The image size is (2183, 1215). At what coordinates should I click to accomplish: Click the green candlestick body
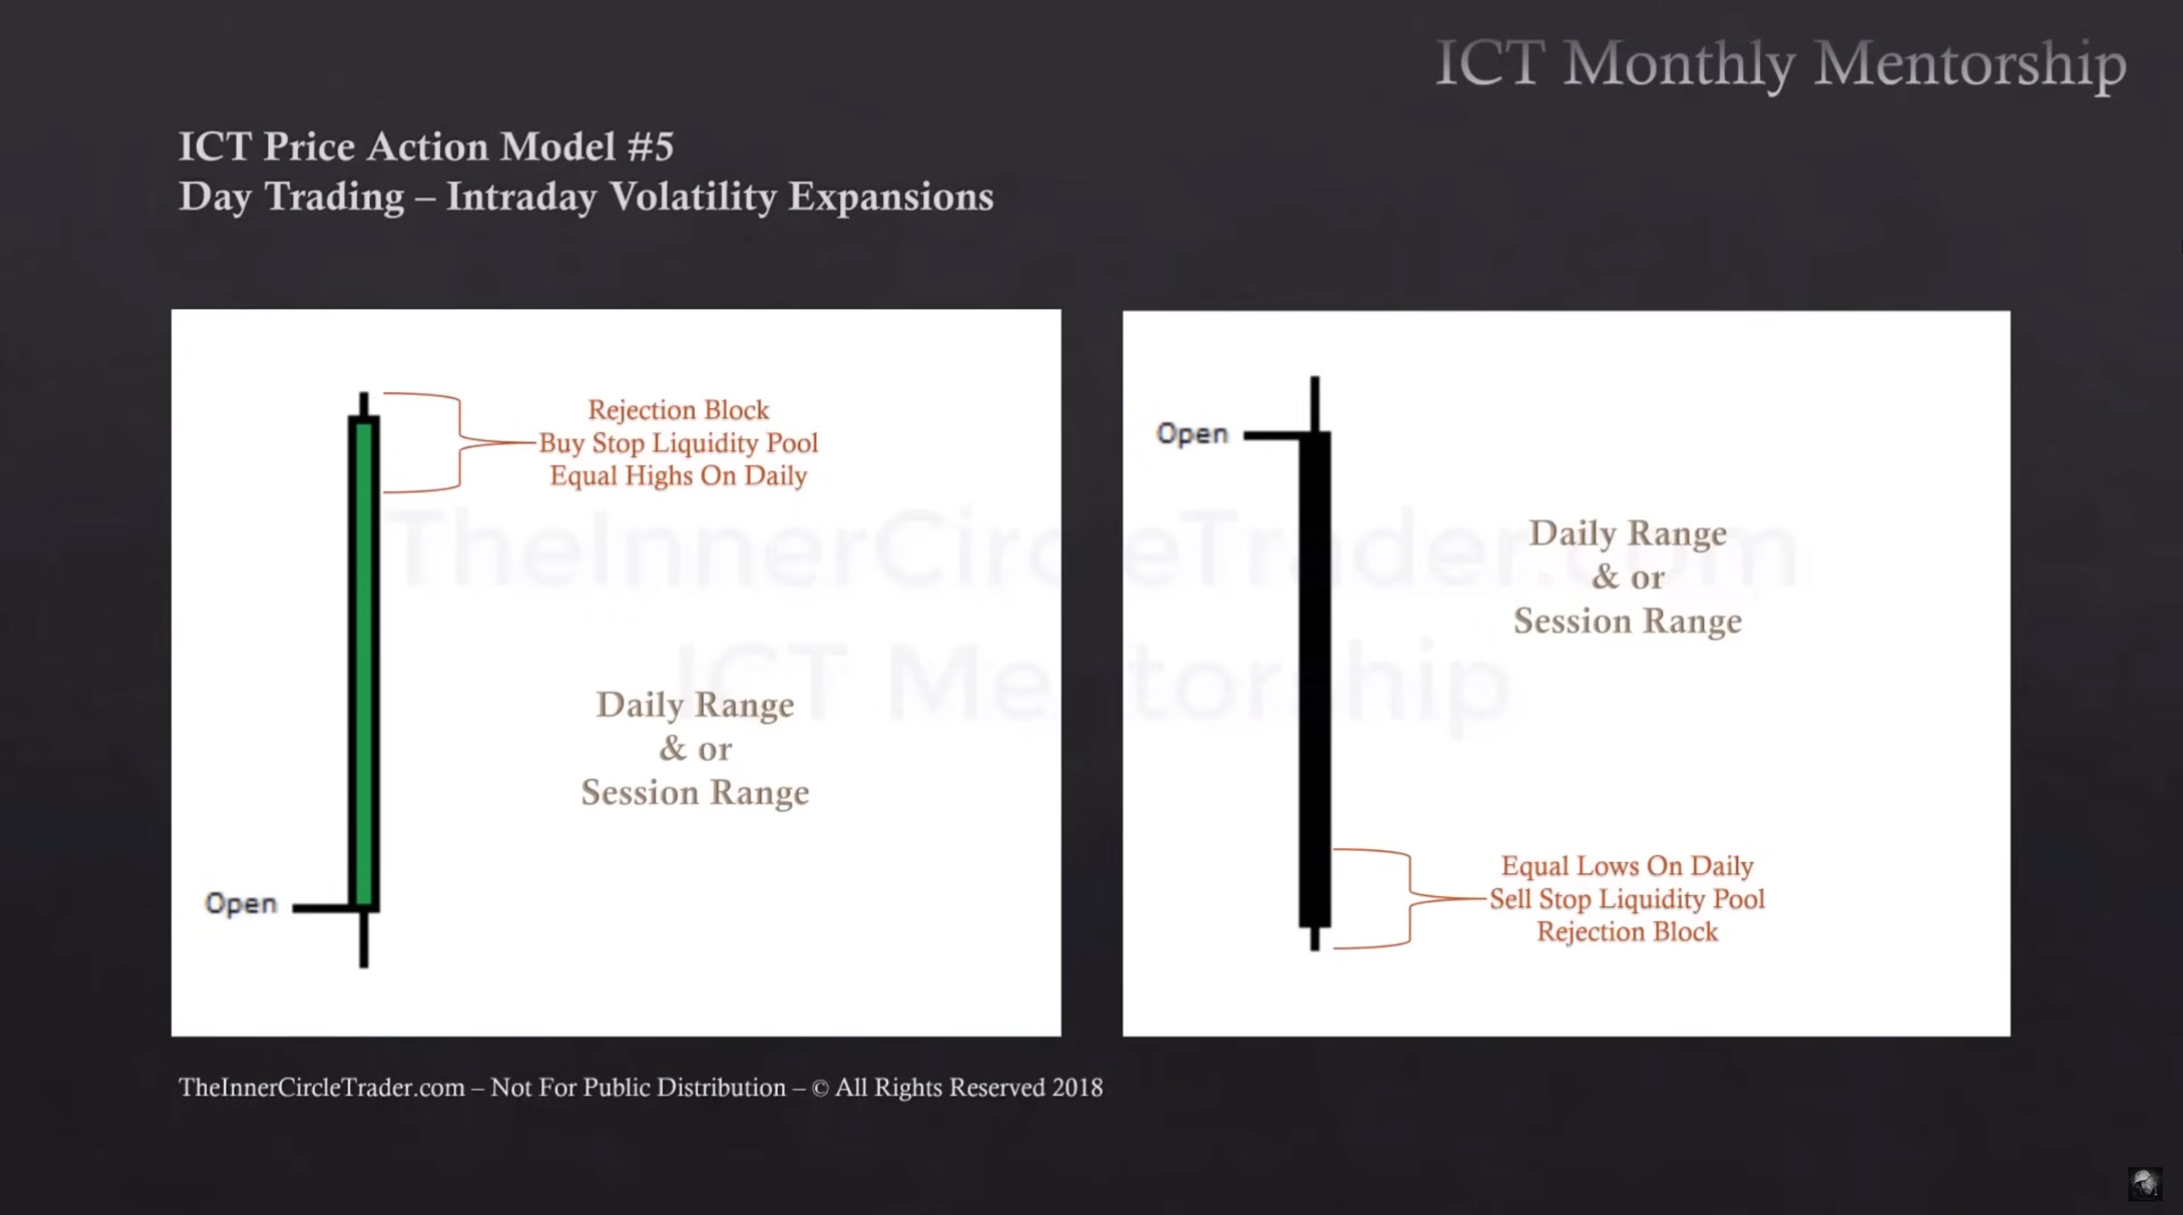point(364,664)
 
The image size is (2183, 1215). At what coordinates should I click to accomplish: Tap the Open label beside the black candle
point(1192,434)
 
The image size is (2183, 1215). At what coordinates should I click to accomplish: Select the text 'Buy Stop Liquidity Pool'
point(679,443)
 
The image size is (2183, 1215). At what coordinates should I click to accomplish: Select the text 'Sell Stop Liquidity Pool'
point(1627,899)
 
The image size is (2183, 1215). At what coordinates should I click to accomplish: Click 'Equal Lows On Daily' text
point(1627,866)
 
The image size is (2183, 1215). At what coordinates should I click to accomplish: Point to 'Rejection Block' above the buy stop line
point(679,410)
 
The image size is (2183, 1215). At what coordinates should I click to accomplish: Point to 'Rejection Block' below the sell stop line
point(1627,932)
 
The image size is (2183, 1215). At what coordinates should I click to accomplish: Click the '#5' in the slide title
point(650,147)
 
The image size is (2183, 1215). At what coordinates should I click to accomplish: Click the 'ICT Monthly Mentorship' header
point(1781,64)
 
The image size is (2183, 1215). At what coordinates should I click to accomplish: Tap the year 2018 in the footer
point(1077,1088)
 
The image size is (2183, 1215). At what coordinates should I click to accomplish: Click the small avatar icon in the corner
point(2145,1183)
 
